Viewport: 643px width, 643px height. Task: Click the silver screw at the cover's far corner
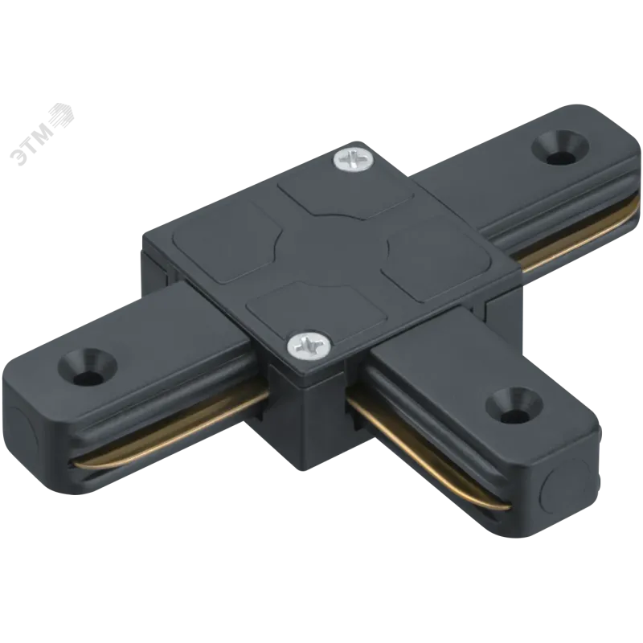click(x=353, y=158)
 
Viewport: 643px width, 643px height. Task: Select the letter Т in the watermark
click(x=33, y=145)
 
